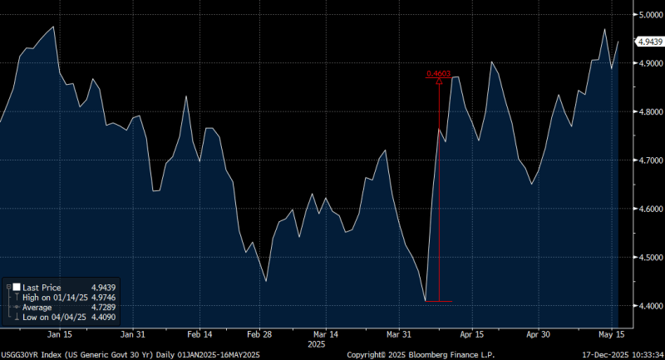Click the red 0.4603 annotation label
[438, 73]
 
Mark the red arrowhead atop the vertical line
[438, 81]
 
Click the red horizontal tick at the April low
[438, 301]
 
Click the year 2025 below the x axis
[317, 343]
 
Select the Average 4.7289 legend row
[50, 307]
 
